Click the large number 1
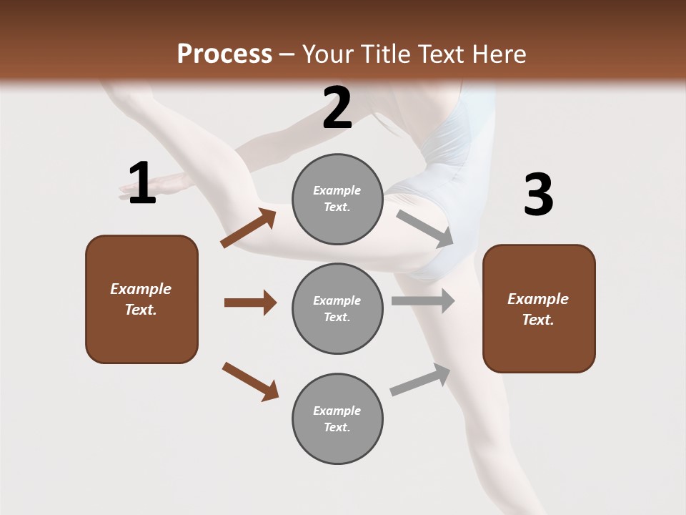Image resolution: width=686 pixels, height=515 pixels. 141,184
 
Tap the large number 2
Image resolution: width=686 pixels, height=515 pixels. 337,109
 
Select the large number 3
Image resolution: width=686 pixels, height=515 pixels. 538,195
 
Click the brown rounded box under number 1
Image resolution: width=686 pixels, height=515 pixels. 141,299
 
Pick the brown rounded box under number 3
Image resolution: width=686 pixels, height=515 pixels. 539,308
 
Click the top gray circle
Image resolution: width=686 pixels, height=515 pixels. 337,199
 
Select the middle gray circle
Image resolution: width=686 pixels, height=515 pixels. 337,308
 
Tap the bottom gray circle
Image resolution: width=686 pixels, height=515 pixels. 337,418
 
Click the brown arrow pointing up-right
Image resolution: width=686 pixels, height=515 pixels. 248,228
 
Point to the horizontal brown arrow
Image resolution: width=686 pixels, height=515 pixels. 250,303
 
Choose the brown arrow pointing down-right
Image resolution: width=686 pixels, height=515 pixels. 250,381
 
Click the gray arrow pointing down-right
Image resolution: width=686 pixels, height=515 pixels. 425,228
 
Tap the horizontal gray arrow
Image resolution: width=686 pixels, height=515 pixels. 423,301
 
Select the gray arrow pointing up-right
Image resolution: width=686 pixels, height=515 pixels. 420,380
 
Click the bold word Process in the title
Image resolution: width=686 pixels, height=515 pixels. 224,54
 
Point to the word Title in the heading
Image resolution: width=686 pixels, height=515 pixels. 386,54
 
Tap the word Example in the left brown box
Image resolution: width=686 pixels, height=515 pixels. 141,289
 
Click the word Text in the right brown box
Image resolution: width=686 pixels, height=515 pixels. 537,320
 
